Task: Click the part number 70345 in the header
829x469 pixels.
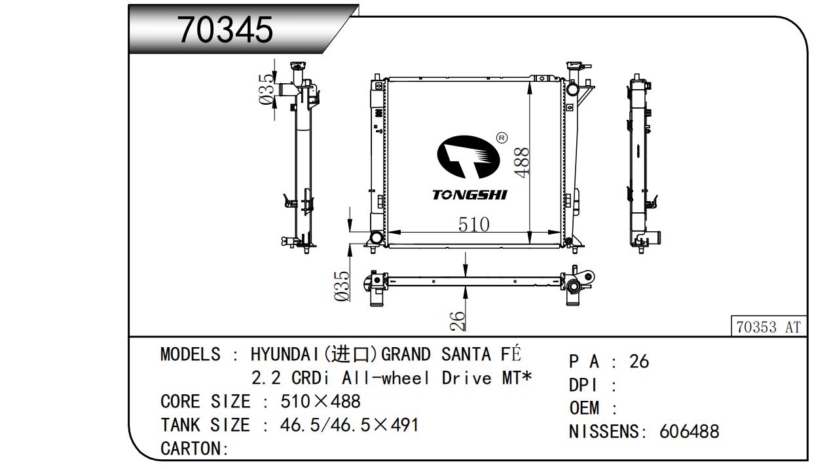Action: [225, 29]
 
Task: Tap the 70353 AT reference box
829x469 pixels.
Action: [768, 326]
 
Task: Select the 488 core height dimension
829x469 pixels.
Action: [522, 162]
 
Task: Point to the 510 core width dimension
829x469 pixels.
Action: [473, 224]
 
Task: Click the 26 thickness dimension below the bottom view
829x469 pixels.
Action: [458, 321]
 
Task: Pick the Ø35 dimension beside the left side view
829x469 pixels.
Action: [267, 89]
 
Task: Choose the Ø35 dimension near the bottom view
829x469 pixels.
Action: [342, 286]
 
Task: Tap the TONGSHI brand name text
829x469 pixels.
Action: [470, 195]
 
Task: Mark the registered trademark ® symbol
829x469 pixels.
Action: [502, 138]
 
